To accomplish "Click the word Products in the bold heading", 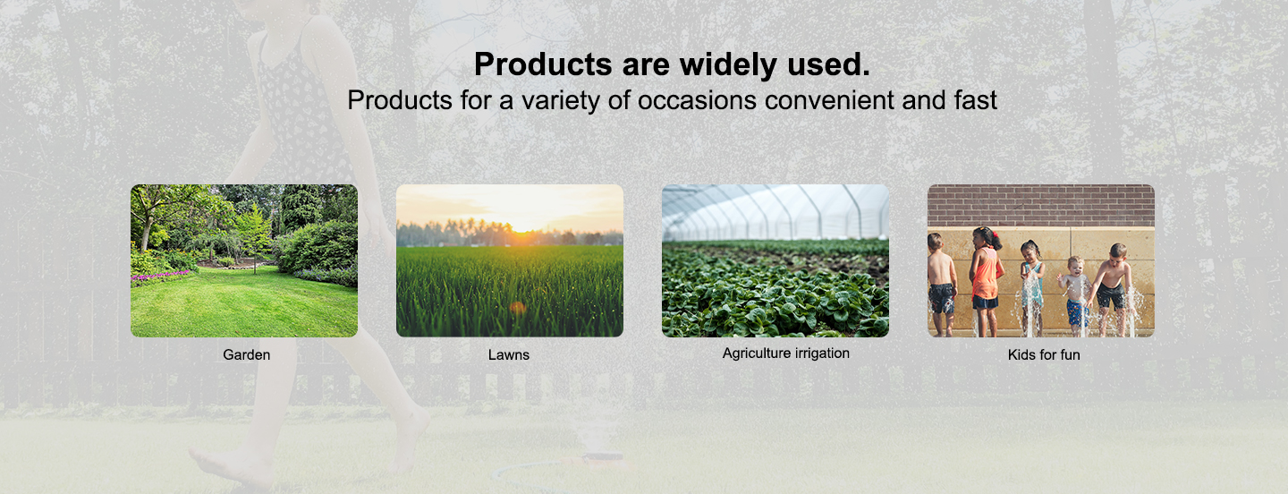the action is pyautogui.click(x=543, y=64).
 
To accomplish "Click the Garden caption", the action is pyautogui.click(x=247, y=354).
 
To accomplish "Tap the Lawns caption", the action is pyautogui.click(x=509, y=354).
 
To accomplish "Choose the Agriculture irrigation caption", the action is pyautogui.click(x=786, y=353).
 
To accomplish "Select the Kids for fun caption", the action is pyautogui.click(x=1044, y=354).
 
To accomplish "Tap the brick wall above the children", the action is pyautogui.click(x=1041, y=205).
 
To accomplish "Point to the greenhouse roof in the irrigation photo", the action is pyautogui.click(x=775, y=210).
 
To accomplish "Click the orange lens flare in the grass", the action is pyautogui.click(x=518, y=308).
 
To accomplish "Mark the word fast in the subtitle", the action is pyautogui.click(x=976, y=100).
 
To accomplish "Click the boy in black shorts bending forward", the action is pyautogui.click(x=1112, y=287).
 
